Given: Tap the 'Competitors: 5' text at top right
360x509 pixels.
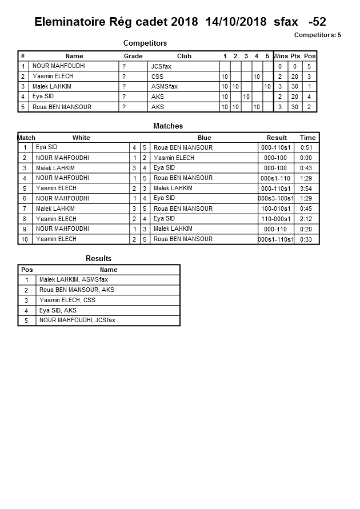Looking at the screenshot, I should [x=317, y=35].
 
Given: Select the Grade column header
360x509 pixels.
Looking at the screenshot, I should [x=133, y=56].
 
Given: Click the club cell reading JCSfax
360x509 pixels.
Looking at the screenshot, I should [x=161, y=66].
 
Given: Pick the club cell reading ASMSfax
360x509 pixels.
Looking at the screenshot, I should [x=165, y=86].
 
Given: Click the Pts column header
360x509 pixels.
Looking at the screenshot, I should [x=295, y=56].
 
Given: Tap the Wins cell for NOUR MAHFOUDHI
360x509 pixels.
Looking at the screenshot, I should [x=280, y=66].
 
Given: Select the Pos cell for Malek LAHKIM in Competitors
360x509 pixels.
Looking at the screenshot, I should [x=309, y=86].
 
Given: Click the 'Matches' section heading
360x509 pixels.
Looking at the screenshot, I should [x=168, y=126].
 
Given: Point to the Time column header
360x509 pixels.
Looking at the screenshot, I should [x=307, y=138].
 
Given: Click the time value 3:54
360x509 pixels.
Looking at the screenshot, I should [x=306, y=189].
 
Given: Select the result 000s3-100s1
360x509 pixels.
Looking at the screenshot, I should [x=276, y=199].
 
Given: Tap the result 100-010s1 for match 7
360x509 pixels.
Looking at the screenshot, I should [x=276, y=209].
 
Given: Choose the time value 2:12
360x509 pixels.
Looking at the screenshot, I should [x=306, y=219].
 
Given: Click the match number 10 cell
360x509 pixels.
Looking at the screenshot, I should [x=25, y=239].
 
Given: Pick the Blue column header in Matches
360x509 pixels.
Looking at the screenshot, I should [x=204, y=138].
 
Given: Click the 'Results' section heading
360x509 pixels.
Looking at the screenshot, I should [x=98, y=258].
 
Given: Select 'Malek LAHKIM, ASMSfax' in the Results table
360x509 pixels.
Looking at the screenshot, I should [x=73, y=280].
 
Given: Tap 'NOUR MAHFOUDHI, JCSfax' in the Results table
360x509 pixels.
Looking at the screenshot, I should [x=77, y=320].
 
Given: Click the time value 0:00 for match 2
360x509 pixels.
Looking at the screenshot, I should [x=306, y=158].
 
